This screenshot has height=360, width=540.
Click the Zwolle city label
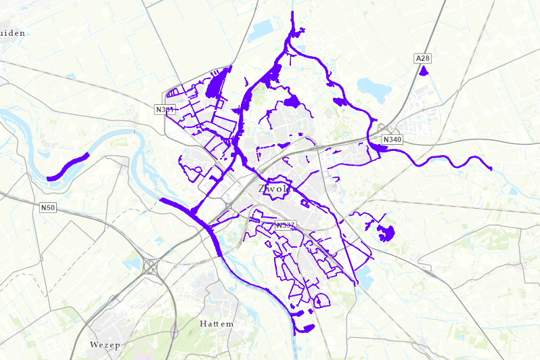tap(274, 189)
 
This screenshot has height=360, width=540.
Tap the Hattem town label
tap(217, 323)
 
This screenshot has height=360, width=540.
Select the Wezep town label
tap(104, 344)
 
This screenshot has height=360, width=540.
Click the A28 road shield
tap(423, 60)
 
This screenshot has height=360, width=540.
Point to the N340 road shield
tap(392, 139)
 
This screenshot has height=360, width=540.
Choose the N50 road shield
tap(47, 208)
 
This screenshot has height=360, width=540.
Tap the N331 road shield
tap(164, 109)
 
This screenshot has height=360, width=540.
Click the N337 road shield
tap(285, 225)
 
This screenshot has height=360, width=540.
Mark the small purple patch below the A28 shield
tap(424, 70)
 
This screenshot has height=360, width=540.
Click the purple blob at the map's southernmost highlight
tap(305, 329)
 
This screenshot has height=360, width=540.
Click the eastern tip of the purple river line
tap(490, 167)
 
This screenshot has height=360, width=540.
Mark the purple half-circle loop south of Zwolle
tap(321, 300)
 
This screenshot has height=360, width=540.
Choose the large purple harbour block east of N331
tap(217, 85)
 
